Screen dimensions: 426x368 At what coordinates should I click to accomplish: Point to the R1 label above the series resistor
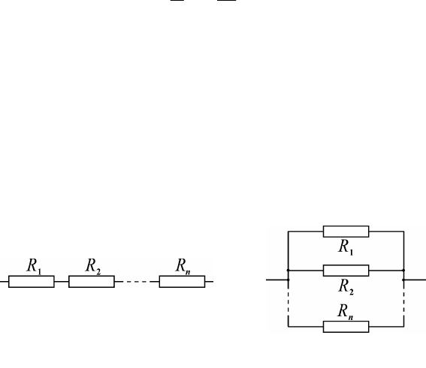[35, 266]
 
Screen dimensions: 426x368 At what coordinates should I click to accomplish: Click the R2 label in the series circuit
[93, 266]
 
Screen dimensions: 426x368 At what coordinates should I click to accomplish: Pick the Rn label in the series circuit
[183, 266]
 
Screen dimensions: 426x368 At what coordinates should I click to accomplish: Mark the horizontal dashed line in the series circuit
[137, 282]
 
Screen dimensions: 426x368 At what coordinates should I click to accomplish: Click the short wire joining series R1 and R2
[62, 282]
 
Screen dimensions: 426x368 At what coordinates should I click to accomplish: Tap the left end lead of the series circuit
[4, 282]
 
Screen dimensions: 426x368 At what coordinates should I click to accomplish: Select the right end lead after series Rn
[209, 282]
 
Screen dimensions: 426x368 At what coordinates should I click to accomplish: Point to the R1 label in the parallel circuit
[346, 247]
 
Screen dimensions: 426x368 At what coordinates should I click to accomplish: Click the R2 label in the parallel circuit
[346, 287]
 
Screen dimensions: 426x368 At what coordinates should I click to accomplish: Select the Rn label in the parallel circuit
[346, 312]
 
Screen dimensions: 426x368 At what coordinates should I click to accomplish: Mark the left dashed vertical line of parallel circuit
[289, 300]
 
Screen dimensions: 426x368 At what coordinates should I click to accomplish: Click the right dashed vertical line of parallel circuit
[404, 300]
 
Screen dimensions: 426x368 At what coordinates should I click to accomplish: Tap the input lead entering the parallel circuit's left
[276, 280]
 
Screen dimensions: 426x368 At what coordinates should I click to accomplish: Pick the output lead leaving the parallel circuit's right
[415, 280]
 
